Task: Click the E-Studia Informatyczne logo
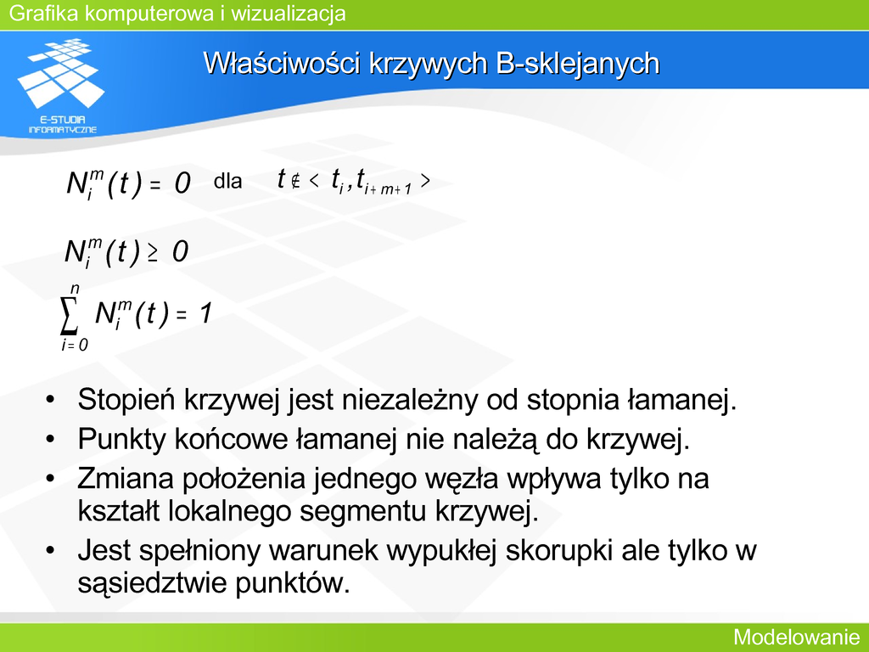pyautogui.click(x=61, y=86)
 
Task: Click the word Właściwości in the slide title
pyautogui.click(x=282, y=63)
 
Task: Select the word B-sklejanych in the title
pyautogui.click(x=577, y=64)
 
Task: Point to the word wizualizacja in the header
pyautogui.click(x=289, y=13)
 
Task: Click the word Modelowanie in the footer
pyautogui.click(x=796, y=637)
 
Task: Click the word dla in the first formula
pyautogui.click(x=227, y=181)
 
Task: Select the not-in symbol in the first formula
pyautogui.click(x=295, y=181)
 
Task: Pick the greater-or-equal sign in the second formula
pyautogui.click(x=152, y=254)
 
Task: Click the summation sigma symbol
pyautogui.click(x=69, y=316)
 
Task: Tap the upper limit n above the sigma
pyautogui.click(x=75, y=289)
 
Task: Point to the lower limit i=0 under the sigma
pyautogui.click(x=75, y=345)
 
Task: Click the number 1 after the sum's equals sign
pyautogui.click(x=205, y=313)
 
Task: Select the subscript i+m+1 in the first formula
pyautogui.click(x=388, y=189)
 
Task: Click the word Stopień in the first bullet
pyautogui.click(x=126, y=399)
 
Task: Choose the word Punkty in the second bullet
pyautogui.click(x=122, y=439)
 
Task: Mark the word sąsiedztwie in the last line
pyautogui.click(x=153, y=582)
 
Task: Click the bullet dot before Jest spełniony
pyautogui.click(x=50, y=550)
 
